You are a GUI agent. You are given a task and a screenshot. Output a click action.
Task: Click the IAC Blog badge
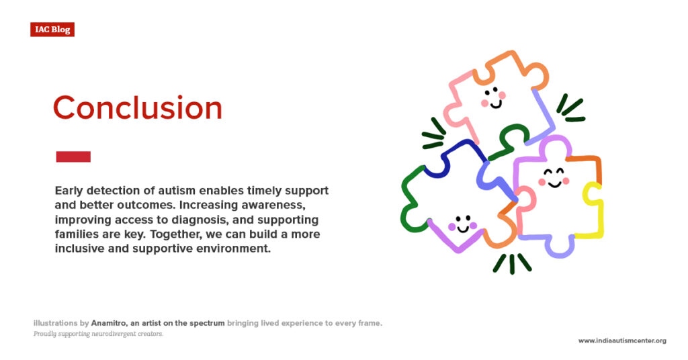coord(52,30)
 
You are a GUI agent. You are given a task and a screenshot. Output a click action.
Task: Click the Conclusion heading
coord(137,108)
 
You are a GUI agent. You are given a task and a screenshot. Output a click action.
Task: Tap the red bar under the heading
coord(73,156)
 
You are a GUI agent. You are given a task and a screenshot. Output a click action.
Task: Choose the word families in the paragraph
coord(76,234)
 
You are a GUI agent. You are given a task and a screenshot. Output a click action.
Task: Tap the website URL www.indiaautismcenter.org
coord(622,341)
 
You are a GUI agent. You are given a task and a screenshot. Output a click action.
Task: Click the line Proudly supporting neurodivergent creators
coord(98,334)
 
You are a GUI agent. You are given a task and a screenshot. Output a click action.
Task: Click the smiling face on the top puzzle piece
coord(493,98)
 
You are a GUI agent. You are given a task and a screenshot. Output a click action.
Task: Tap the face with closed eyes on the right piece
coord(554,178)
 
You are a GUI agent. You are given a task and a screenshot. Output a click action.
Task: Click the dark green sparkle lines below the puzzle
coord(512,263)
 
